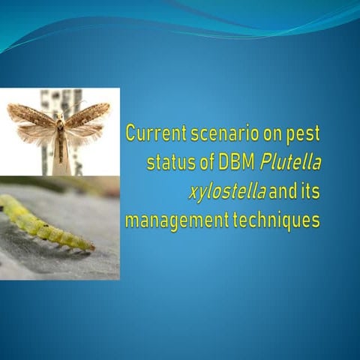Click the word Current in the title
click(154, 133)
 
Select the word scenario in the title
click(223, 133)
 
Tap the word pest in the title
click(304, 133)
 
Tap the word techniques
click(276, 221)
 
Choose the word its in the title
click(304, 192)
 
